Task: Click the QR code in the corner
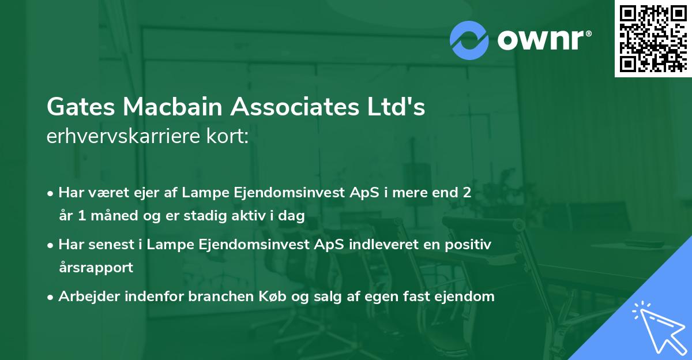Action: click(x=653, y=39)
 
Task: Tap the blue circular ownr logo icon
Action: click(x=469, y=40)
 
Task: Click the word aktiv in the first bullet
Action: click(x=241, y=216)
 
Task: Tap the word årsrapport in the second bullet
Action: click(x=96, y=267)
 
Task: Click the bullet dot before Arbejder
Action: click(x=51, y=297)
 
